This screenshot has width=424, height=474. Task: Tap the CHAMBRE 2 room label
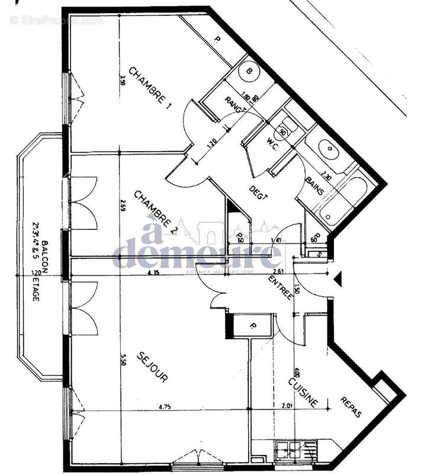(x=156, y=211)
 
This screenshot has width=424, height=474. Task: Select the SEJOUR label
(x=153, y=367)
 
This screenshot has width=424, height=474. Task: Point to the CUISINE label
(x=303, y=393)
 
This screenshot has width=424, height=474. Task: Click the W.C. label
(x=273, y=142)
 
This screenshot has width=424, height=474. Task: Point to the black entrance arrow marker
(x=338, y=278)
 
